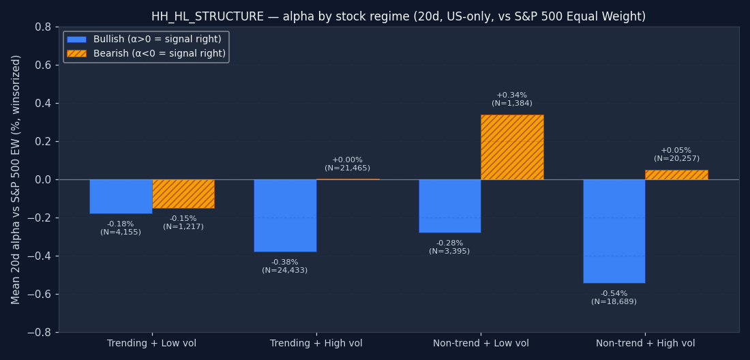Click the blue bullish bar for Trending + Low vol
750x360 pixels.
click(121, 196)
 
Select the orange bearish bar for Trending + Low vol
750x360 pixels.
click(183, 194)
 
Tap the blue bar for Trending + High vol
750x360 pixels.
click(285, 215)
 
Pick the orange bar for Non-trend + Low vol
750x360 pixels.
click(512, 147)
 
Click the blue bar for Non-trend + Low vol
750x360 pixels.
click(450, 206)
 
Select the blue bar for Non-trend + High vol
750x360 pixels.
click(614, 231)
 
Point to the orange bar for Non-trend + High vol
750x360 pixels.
click(676, 175)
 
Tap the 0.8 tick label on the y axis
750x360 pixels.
click(42, 27)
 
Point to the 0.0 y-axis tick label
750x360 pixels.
click(42, 180)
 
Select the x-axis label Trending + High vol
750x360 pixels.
click(316, 343)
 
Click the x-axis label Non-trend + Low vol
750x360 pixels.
click(481, 343)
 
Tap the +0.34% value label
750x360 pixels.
click(512, 95)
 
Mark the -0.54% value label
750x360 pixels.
click(614, 294)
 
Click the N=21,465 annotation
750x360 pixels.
click(347, 168)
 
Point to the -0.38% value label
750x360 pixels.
click(284, 262)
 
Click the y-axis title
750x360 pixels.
click(16, 180)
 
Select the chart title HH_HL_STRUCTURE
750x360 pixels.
click(207, 16)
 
